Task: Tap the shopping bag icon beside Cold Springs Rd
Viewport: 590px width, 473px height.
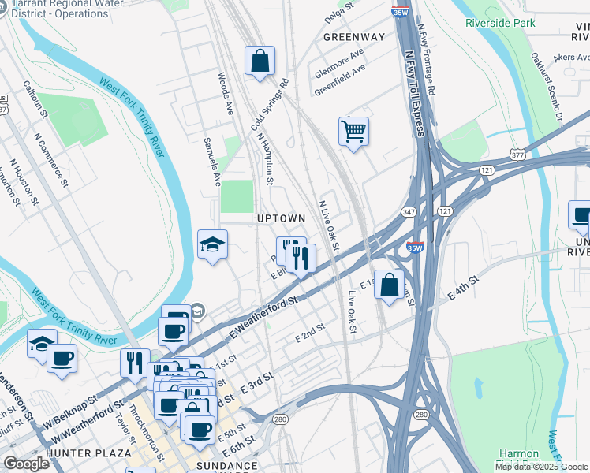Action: pos(260,61)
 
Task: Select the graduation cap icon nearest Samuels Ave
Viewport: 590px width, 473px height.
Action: pos(212,245)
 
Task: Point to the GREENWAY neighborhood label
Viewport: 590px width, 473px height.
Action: pos(354,37)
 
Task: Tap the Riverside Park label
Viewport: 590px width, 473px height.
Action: pos(500,23)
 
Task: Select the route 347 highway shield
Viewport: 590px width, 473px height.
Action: pos(409,213)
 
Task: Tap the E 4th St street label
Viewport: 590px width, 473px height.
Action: pos(463,287)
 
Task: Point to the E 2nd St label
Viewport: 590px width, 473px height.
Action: pos(310,333)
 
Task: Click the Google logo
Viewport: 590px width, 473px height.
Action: pos(26,464)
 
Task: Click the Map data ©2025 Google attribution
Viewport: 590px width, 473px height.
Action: pos(541,467)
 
